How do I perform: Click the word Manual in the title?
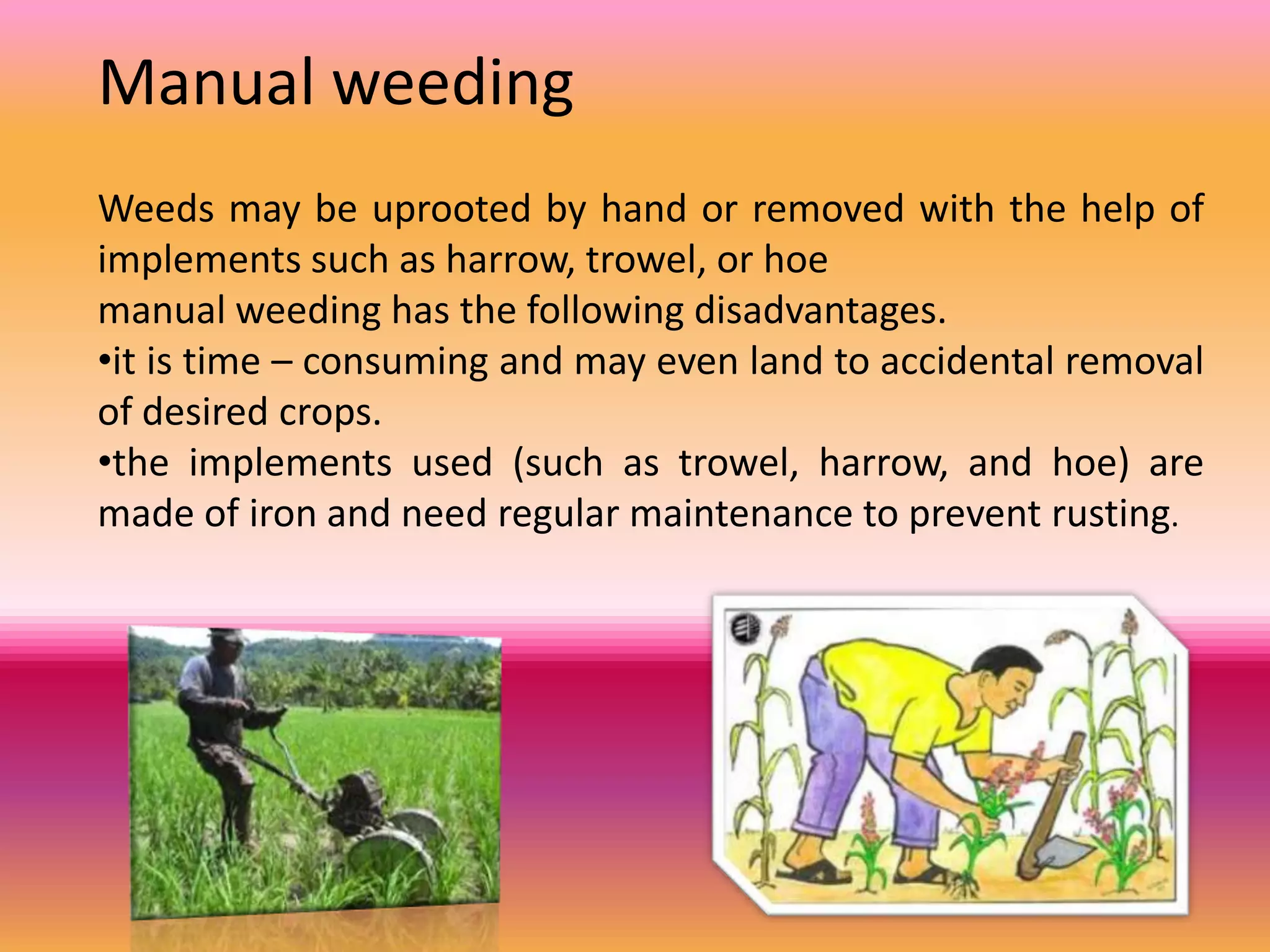click(x=206, y=83)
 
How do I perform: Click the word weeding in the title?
click(x=453, y=84)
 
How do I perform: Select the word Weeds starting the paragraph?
click(x=156, y=208)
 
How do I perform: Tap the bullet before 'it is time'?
click(x=104, y=360)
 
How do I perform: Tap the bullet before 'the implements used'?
click(x=104, y=462)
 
